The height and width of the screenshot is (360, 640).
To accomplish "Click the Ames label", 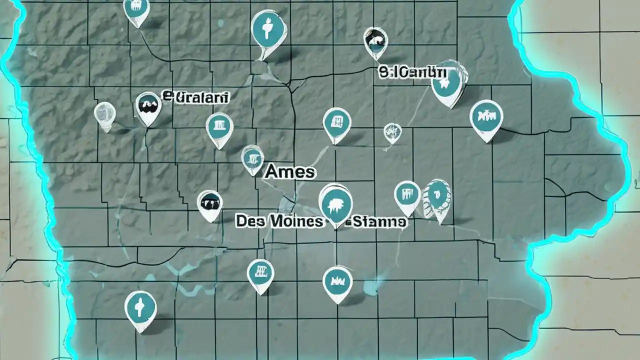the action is point(290,172).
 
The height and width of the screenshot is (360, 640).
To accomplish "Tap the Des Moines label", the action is point(279,221).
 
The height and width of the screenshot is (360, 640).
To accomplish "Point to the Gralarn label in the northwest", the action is point(196,96).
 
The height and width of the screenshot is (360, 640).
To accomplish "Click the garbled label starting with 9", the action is point(411,72).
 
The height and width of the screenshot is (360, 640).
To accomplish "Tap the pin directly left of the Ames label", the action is point(252,159).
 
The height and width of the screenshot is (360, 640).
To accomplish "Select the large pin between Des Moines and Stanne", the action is point(335,204).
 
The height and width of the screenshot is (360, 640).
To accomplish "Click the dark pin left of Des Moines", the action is point(209,204).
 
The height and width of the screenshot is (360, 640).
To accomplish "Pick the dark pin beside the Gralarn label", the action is point(148,106).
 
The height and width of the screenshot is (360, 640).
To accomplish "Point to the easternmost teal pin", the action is point(486,118).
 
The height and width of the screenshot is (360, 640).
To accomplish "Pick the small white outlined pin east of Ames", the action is point(392,132).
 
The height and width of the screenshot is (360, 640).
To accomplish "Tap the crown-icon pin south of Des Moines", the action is point(337,282).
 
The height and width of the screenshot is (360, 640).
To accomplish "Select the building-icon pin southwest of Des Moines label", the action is point(260,274).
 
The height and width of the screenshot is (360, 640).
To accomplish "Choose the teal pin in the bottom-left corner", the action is point(140,309).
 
